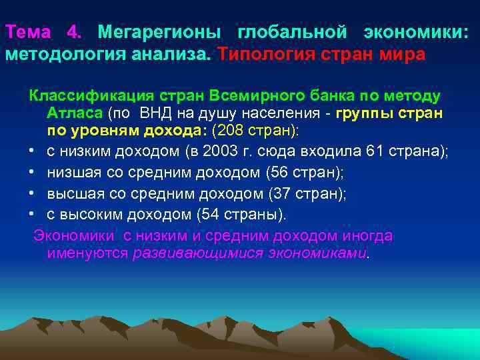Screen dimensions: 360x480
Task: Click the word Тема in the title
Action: (x=28, y=32)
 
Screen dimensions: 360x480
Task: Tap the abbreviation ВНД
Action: (x=157, y=113)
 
